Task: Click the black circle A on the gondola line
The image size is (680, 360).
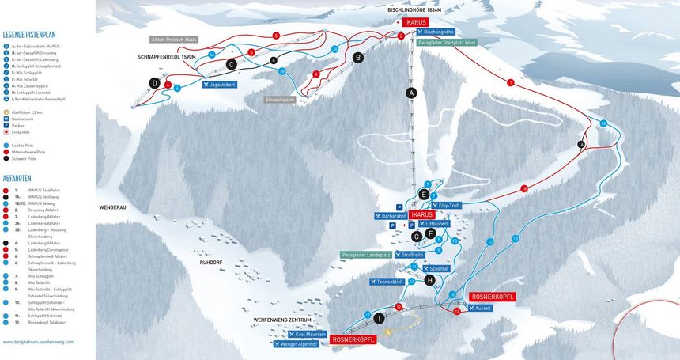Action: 411,93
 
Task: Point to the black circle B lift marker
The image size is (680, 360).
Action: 357,57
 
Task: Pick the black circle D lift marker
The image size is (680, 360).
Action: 155,83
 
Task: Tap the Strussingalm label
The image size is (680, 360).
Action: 281,100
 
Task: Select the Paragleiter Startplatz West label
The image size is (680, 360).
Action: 448,42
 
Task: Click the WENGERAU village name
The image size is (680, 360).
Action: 113,207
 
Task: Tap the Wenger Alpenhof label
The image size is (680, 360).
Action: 299,344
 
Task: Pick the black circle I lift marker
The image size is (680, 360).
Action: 380,318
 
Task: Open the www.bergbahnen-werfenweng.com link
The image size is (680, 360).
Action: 38,342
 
